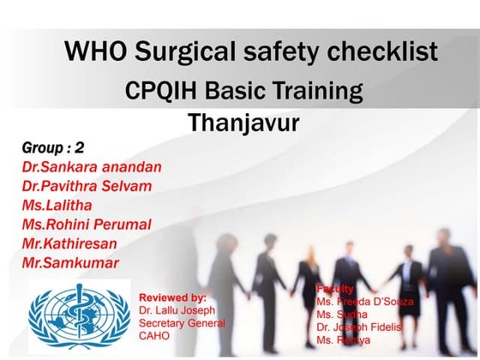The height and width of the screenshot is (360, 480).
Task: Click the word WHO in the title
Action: click(97, 51)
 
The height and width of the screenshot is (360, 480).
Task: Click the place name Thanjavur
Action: click(243, 123)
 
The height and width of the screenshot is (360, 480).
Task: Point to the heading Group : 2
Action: click(53, 148)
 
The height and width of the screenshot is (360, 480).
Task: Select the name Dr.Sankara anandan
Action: click(92, 167)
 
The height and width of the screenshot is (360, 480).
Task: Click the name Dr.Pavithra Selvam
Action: click(87, 186)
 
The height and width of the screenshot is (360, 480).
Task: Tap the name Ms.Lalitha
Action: click(57, 206)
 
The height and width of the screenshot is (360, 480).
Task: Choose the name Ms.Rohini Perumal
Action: click(87, 225)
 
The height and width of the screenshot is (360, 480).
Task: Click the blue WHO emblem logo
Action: click(79, 316)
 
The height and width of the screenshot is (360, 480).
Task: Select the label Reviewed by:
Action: click(172, 297)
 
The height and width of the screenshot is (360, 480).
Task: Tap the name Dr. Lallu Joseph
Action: click(177, 309)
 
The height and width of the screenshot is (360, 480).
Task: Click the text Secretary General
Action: click(182, 323)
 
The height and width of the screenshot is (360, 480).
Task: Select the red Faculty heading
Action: click(335, 290)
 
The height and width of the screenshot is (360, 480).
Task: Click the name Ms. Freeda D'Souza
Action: click(364, 303)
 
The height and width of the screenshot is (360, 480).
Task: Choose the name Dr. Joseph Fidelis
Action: click(359, 327)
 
